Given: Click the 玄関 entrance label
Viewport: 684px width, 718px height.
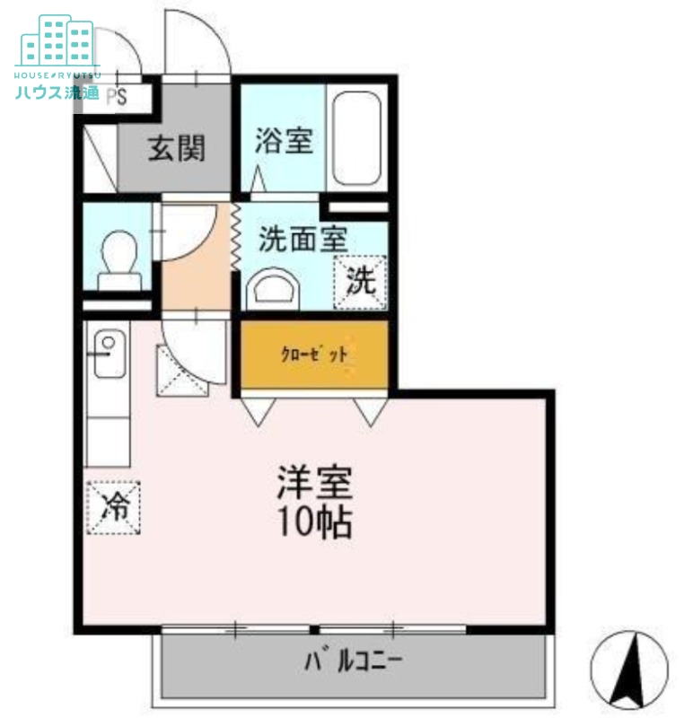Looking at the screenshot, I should point(176,148).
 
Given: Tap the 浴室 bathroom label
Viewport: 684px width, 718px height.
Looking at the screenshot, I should point(283,141).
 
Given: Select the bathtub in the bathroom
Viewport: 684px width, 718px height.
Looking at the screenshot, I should point(357,138).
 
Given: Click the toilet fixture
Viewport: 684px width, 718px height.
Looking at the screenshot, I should point(118,258).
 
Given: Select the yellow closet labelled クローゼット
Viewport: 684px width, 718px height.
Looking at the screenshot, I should point(314,354).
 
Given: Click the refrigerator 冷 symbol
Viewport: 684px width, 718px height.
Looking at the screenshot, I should point(113,507).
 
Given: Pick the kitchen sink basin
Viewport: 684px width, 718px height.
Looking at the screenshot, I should point(108,352).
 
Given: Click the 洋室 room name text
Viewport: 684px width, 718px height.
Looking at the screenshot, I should point(313,486).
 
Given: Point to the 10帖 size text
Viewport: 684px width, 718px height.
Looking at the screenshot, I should point(313,523).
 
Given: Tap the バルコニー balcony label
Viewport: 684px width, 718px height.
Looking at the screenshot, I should point(352,662).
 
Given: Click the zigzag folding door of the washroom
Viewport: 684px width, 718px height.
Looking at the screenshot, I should point(236,236).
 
